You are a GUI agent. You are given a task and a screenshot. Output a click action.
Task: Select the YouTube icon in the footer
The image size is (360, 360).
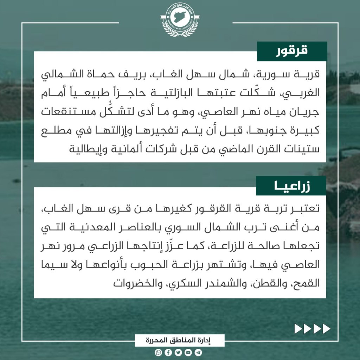(188, 352)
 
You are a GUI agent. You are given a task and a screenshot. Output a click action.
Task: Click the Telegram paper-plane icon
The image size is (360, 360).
(199, 352)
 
